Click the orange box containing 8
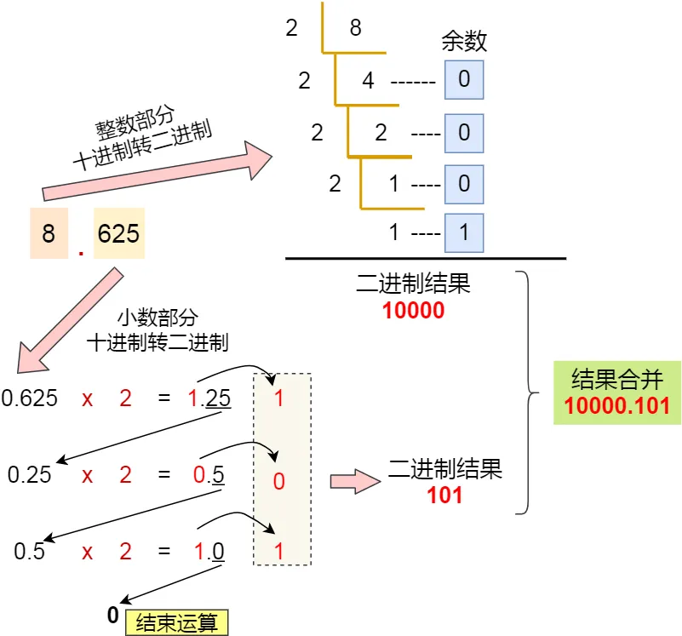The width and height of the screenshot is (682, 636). coord(49,232)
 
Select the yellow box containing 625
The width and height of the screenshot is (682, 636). coord(118,232)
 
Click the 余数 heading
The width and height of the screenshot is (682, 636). coord(464,41)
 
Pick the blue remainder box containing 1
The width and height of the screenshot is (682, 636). coord(464,232)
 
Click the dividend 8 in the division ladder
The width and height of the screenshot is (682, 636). coord(355,28)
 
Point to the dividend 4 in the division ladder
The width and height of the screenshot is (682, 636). coord(368,82)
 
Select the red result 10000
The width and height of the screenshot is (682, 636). coord(413,311)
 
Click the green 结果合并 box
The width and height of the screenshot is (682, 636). coord(616,392)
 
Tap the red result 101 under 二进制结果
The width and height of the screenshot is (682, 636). coord(444,495)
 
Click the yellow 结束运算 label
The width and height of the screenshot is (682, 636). coord(177,622)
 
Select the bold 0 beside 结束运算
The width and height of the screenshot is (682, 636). coord(112,615)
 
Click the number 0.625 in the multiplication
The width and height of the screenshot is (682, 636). coord(30,398)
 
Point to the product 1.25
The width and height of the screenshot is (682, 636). coord(209,398)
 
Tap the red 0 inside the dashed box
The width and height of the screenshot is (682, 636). coord(278,481)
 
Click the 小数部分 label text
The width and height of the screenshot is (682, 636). coord(156,318)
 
